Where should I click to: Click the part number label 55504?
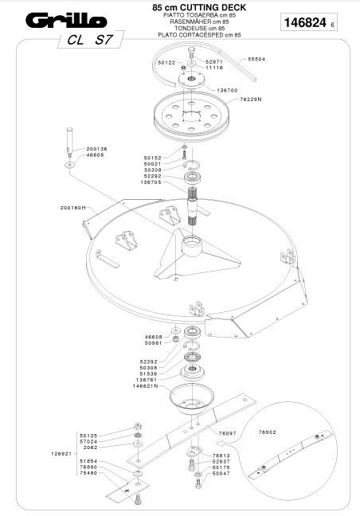[256, 60]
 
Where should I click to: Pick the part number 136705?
[151, 182]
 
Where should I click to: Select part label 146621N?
[147, 385]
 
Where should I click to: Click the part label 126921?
[62, 454]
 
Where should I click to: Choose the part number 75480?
[88, 474]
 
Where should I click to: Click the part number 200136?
[96, 149]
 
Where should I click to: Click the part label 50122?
[166, 62]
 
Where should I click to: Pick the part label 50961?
[153, 343]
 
